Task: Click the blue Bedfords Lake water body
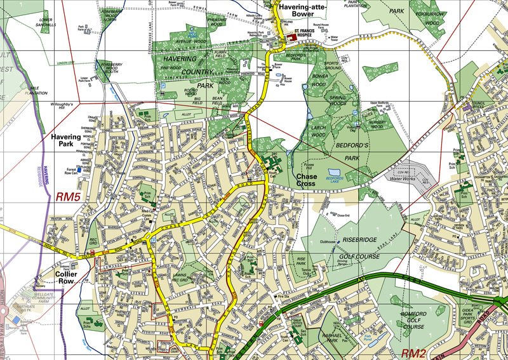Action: point(334,172)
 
